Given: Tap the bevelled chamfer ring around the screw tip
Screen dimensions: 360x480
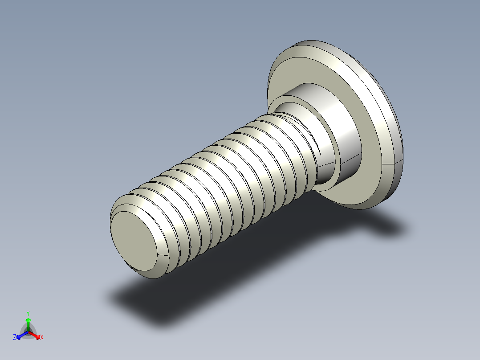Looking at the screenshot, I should pyautogui.click(x=157, y=269).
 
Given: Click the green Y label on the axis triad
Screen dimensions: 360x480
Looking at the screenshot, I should pyautogui.click(x=28, y=313).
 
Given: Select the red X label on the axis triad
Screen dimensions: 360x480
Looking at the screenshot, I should pyautogui.click(x=42, y=338).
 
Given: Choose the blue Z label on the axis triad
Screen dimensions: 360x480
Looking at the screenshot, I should pyautogui.click(x=15, y=338).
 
